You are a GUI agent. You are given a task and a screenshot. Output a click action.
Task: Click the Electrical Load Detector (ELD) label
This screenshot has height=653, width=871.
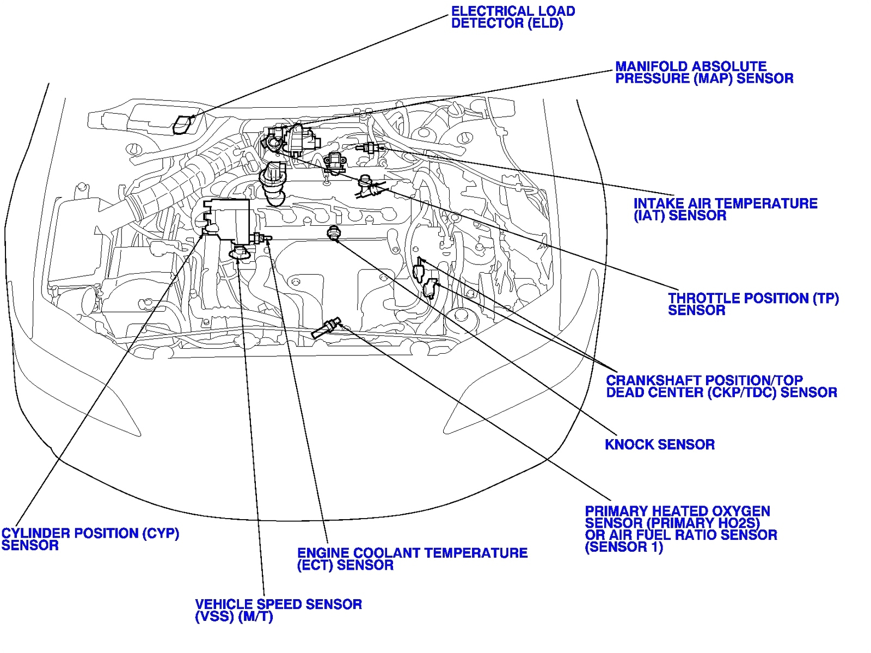click(512, 17)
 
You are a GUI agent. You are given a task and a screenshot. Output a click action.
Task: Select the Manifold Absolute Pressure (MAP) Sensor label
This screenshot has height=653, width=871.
click(703, 72)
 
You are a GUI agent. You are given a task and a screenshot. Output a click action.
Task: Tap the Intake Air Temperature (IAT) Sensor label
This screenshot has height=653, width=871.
click(725, 210)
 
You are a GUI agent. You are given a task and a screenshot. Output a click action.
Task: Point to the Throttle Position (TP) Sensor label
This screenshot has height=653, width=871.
click(753, 304)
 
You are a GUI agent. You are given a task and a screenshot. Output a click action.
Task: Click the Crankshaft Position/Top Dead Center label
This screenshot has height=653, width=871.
click(721, 386)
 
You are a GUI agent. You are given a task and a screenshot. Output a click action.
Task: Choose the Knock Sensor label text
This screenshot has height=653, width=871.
click(659, 445)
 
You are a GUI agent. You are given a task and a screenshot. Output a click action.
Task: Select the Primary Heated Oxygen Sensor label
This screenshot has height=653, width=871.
click(680, 529)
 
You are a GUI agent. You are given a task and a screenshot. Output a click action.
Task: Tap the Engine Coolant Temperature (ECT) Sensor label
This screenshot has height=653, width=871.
click(412, 559)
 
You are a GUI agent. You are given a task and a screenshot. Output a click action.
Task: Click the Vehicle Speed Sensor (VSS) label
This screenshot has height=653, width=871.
click(278, 611)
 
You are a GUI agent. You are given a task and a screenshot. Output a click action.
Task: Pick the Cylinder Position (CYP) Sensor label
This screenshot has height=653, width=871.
click(90, 539)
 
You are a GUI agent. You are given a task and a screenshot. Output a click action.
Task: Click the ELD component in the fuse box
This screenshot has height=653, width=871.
click(183, 125)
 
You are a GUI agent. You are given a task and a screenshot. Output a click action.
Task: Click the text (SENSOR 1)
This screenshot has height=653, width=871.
click(623, 547)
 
